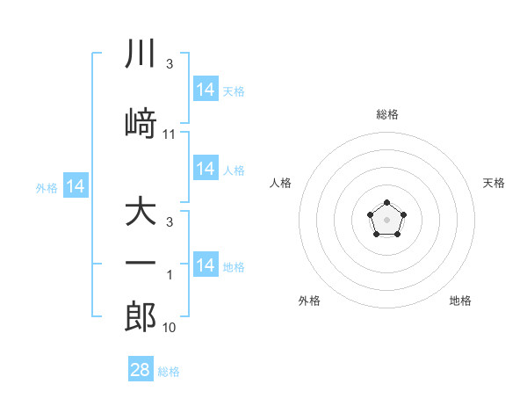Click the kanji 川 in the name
(141, 53)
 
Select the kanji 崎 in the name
(141, 123)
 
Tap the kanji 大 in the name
(141, 211)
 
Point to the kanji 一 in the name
(141, 263)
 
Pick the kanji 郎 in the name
(141, 316)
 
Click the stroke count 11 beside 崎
(169, 134)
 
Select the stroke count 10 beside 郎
(169, 328)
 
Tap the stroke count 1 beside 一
(170, 275)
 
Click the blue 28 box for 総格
(141, 368)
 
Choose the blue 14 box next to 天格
(206, 89)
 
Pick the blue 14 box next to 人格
(206, 168)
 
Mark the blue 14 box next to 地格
(206, 264)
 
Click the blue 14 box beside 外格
(76, 185)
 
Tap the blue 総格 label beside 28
(169, 372)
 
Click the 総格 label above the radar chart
(387, 114)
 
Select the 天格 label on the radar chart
(494, 183)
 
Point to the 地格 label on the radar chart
(460, 301)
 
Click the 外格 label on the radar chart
(309, 301)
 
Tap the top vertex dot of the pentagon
(386, 202)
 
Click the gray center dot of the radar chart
(386, 220)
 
